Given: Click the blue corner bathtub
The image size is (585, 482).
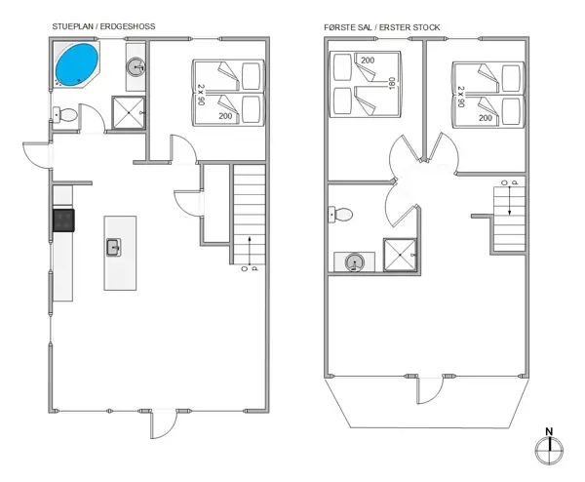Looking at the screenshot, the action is (x=77, y=65).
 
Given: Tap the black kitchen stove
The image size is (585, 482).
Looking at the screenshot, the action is (x=63, y=221).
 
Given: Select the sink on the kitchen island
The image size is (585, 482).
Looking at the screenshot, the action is (x=114, y=247).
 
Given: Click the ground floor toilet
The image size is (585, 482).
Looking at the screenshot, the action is (x=65, y=114).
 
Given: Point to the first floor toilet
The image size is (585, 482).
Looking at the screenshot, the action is (x=340, y=215).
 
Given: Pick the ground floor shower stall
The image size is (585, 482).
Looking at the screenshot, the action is (x=129, y=113).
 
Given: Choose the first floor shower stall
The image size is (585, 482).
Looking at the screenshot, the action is (x=400, y=255).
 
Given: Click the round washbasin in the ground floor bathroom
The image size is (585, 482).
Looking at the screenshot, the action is (x=136, y=67).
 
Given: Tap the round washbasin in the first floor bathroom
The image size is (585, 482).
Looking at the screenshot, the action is (x=354, y=262).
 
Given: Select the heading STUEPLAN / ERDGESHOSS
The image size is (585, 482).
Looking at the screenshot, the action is (x=103, y=26).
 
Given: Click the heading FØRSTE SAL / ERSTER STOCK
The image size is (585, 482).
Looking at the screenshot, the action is (x=381, y=27).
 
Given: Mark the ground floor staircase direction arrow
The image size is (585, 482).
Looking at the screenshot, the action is (x=250, y=250).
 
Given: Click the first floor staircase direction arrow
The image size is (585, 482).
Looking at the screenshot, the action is (x=510, y=200).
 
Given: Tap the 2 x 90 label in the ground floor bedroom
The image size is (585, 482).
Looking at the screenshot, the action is (x=201, y=95).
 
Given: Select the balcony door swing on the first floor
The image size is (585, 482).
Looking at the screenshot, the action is (x=430, y=390).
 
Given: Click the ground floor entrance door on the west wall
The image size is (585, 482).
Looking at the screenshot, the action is (x=37, y=155).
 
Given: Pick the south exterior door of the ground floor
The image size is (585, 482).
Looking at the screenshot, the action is (x=164, y=424).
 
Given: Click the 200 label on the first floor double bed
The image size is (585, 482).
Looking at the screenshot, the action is (x=368, y=60).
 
